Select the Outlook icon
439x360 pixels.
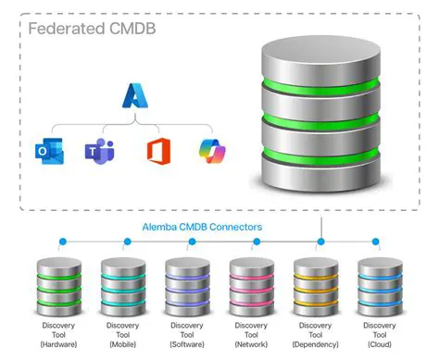tap(44, 149)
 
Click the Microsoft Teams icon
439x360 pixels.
tap(95, 149)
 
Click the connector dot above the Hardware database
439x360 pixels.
tap(62, 242)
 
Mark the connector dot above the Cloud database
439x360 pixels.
tap(375, 242)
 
